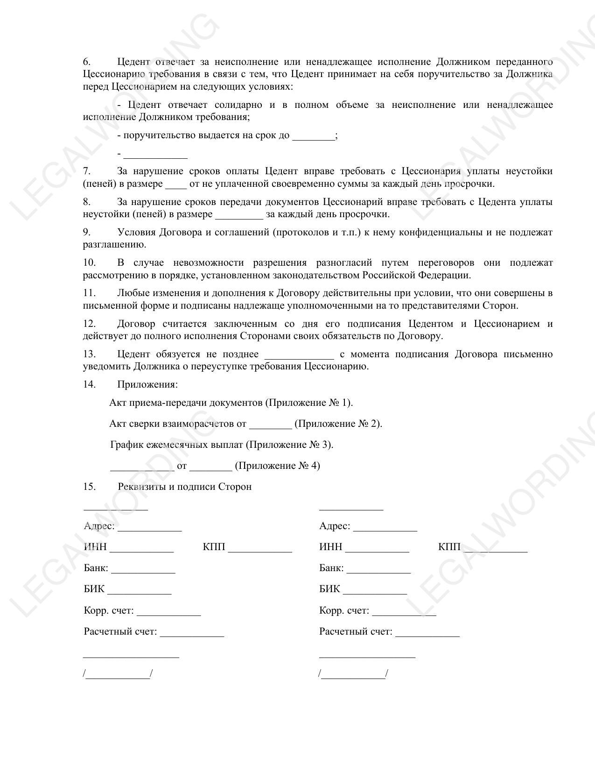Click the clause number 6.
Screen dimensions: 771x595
point(87,62)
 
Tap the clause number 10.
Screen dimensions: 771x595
point(89,263)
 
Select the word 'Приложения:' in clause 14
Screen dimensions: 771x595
point(147,385)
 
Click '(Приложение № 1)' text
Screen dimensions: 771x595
point(309,403)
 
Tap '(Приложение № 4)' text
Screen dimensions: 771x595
point(277,466)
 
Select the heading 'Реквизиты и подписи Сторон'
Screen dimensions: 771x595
point(185,487)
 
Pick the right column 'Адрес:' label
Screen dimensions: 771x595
point(335,526)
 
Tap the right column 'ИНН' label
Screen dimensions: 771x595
point(330,547)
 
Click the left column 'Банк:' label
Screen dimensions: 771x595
point(96,568)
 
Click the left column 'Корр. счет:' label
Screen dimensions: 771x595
point(109,611)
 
